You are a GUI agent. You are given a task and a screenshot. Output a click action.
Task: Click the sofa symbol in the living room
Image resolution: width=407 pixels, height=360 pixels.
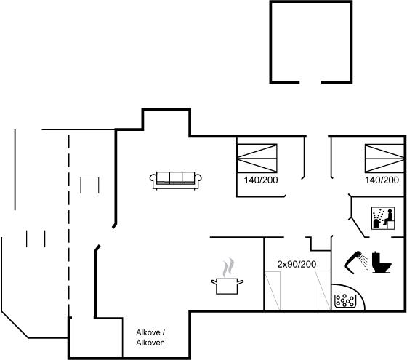point(176,180)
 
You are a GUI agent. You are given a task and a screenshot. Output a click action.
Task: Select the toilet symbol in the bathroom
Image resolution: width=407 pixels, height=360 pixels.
point(381,263)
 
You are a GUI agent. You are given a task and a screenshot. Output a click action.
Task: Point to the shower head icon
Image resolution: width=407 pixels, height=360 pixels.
point(353,262)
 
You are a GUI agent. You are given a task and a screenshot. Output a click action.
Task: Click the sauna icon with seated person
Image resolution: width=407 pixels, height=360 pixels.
point(383,218)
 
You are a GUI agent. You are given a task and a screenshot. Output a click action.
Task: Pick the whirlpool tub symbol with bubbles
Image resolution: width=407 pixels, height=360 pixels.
point(344,301)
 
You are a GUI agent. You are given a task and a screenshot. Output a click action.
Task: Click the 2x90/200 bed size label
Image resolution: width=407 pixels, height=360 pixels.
point(297,264)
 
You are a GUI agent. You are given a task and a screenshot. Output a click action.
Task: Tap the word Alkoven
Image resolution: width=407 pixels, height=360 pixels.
point(150,343)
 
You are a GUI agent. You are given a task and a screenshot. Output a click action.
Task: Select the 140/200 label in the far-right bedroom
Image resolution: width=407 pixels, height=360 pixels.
point(382,180)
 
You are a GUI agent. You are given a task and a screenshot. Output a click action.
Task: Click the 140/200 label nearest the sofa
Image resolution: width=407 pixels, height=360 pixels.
point(261,180)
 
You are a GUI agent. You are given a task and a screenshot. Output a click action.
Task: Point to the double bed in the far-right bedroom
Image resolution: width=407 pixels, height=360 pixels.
point(384,159)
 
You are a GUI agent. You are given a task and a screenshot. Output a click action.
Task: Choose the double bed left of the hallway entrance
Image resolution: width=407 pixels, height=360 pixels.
point(257,159)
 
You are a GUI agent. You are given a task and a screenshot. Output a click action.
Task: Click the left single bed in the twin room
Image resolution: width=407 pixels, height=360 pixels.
point(273,291)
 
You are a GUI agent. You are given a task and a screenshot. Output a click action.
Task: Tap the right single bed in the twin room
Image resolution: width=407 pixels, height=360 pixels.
point(323,291)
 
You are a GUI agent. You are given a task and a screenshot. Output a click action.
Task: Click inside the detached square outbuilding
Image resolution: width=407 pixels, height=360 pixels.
point(311,41)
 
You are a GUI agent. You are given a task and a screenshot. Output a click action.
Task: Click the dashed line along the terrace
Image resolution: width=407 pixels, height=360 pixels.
point(69,225)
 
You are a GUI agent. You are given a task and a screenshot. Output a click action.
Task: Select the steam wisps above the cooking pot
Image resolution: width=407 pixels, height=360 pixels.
point(228,268)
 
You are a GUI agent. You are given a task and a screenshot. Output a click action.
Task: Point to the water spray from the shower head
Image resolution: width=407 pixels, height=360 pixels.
point(364,262)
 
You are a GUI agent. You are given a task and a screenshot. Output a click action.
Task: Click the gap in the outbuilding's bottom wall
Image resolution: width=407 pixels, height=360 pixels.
point(310,82)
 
